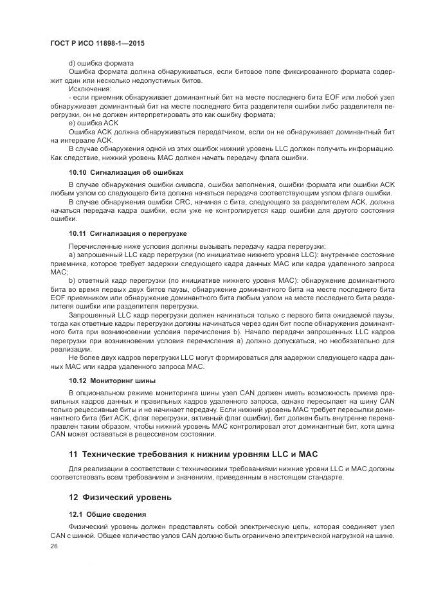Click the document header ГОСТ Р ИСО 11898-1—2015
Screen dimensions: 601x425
(x=96, y=42)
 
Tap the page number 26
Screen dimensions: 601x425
(x=53, y=545)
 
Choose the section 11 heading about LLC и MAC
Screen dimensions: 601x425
(x=193, y=454)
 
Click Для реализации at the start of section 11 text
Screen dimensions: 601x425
(x=92, y=469)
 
